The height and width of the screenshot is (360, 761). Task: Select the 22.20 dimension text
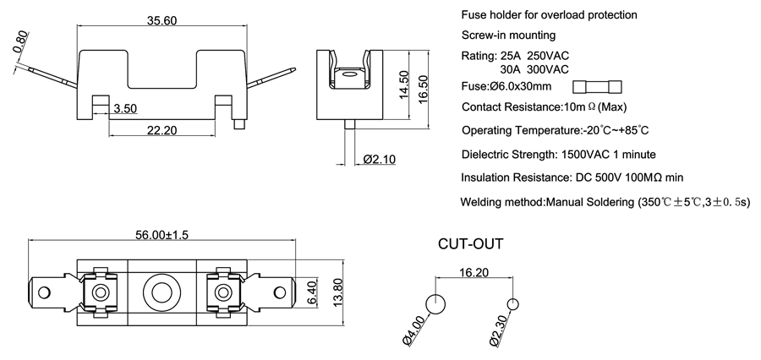point(162,130)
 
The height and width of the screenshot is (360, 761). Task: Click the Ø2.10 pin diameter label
point(380,160)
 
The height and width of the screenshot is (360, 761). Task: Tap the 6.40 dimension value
point(311,293)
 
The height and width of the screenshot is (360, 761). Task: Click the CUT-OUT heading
point(470,245)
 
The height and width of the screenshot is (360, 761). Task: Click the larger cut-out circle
point(435,303)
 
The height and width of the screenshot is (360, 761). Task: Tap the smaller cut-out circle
point(512,303)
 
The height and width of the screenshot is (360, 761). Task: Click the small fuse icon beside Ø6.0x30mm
point(597,86)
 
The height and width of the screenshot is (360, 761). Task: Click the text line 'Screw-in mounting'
point(508,35)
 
